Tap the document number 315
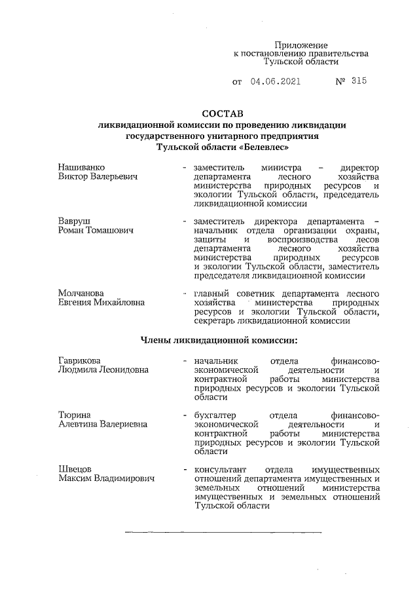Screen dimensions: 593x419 (358, 82)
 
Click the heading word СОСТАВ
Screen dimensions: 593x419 (222, 113)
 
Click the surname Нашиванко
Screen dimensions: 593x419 (82, 168)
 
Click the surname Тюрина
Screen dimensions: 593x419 (74, 415)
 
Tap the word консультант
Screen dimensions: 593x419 (221, 469)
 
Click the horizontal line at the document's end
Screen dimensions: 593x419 (223, 530)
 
